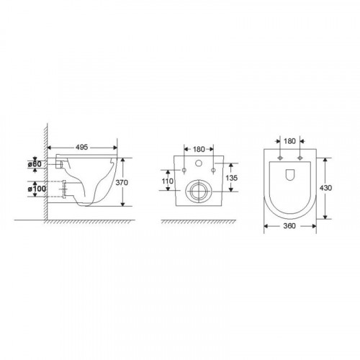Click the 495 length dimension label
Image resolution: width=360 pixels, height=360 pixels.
pos(82,147)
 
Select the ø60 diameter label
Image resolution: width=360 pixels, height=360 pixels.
pos(35,164)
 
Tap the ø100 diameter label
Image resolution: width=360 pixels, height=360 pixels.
pos(37,189)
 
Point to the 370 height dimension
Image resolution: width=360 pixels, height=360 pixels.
pos(122,182)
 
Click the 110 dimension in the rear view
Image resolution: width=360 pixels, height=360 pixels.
pos(167,181)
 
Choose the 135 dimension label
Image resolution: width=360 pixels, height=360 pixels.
pos(232,178)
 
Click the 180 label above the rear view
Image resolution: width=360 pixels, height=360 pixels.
pos(199,149)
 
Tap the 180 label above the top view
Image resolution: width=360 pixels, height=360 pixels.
pos(289,141)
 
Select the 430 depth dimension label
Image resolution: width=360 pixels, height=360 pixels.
pos(325,188)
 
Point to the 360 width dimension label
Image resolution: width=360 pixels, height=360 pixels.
pos(289,226)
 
